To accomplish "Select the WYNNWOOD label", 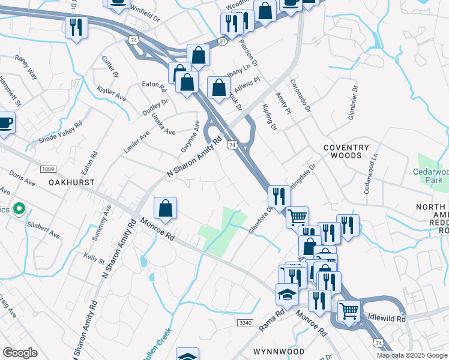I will (x=279, y=351).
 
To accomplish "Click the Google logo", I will (x=20, y=353).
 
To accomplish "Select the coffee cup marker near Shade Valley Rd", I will (x=5, y=124).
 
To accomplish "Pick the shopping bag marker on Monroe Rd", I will (x=165, y=208).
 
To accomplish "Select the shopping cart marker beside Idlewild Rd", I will (x=349, y=311).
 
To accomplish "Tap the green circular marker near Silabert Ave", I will (x=19, y=209).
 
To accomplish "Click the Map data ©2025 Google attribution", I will (x=411, y=355).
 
